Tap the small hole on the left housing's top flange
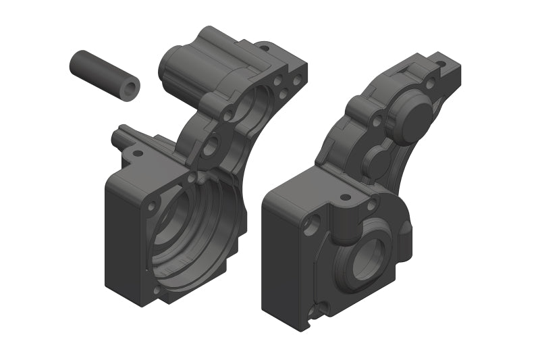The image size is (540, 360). (138, 153)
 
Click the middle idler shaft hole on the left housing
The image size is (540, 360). (210, 143)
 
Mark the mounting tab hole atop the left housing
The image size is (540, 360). (264, 48)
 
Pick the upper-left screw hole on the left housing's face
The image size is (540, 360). (152, 204)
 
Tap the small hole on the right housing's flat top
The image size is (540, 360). (345, 198)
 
